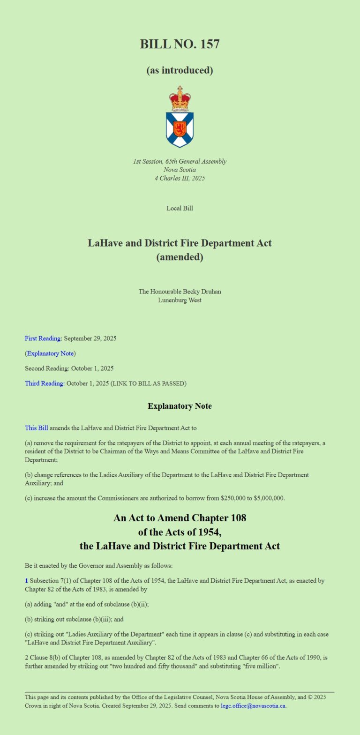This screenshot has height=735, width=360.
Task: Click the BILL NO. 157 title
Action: coord(180,45)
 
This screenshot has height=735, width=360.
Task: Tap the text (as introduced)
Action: coord(180,70)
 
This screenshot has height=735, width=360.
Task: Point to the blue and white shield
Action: coord(180,129)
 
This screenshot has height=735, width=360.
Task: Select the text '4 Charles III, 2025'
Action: coord(180,178)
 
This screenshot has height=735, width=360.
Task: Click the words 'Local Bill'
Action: coord(180,208)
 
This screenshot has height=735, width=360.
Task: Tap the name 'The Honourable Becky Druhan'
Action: coord(180,292)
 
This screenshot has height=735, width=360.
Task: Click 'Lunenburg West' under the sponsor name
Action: coord(180,300)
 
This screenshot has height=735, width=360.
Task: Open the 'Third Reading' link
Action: coord(45,383)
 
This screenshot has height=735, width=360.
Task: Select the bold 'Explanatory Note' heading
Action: coord(180,406)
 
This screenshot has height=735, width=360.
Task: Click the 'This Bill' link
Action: coord(36,428)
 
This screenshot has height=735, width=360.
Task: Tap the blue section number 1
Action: coord(26,581)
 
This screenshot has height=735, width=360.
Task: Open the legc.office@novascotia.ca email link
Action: coord(253,705)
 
